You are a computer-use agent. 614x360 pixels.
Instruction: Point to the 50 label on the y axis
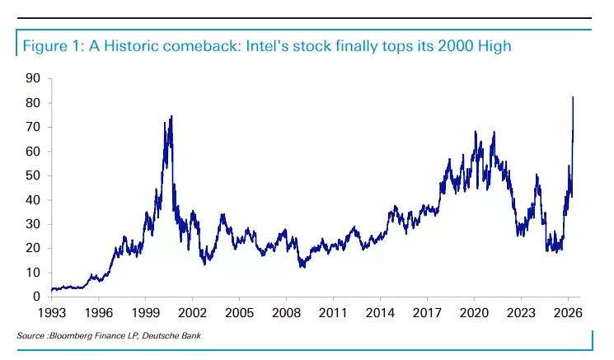pyautogui.click(x=33, y=175)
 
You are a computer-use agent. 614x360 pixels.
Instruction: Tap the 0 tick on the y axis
pyautogui.click(x=36, y=297)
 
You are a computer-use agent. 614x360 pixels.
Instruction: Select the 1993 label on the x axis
pyautogui.click(x=51, y=313)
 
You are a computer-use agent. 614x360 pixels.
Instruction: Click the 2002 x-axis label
pyautogui.click(x=192, y=313)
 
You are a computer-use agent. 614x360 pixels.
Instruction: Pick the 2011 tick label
pyautogui.click(x=333, y=313)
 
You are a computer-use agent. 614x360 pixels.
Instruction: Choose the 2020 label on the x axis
pyautogui.click(x=474, y=313)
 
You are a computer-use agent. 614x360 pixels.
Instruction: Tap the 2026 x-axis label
pyautogui.click(x=568, y=313)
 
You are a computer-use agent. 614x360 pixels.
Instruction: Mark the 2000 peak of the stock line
pyautogui.click(x=171, y=116)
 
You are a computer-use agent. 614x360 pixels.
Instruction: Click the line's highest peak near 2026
pyautogui.click(x=573, y=97)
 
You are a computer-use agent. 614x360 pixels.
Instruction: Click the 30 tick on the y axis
pyautogui.click(x=33, y=224)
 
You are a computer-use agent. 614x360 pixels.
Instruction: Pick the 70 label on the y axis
pyautogui.click(x=33, y=127)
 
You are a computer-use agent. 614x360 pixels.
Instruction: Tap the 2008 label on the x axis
pyautogui.click(x=286, y=313)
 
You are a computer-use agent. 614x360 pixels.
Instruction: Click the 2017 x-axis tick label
pyautogui.click(x=427, y=313)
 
